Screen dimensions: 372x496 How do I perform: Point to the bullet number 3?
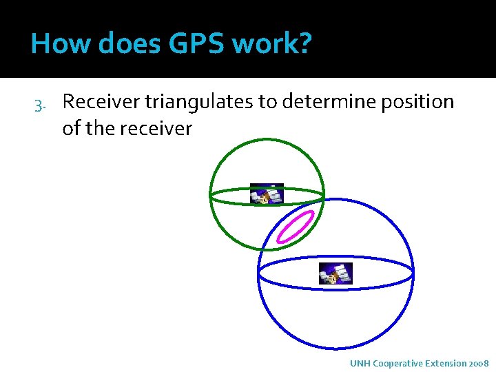pyautogui.click(x=39, y=104)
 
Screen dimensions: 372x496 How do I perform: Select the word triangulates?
pyautogui.click(x=199, y=102)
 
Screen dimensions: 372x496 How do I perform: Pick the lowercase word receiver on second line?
pyautogui.click(x=160, y=128)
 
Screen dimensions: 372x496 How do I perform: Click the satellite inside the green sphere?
pyautogui.click(x=266, y=195)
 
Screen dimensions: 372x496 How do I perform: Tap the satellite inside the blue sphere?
pyautogui.click(x=335, y=273)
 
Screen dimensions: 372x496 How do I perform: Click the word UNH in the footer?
pyautogui.click(x=359, y=363)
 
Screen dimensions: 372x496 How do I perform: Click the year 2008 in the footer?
pyautogui.click(x=478, y=363)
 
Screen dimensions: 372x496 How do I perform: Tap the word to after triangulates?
pyautogui.click(x=267, y=102)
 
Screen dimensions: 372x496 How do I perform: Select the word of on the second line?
pyautogui.click(x=71, y=128)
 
